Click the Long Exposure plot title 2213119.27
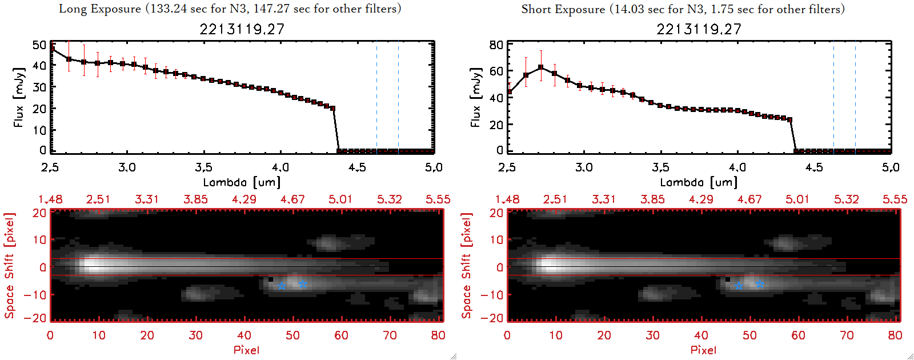[x=242, y=29]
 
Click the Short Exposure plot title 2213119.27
[x=699, y=29]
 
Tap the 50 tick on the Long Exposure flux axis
[x=39, y=45]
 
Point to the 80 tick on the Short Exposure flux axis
[x=496, y=45]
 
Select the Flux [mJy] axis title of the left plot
[x=19, y=97]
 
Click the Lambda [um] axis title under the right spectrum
[x=699, y=182]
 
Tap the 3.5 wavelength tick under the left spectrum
[x=203, y=167]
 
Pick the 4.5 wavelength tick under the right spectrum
[x=814, y=167]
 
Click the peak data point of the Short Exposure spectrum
[x=540, y=67]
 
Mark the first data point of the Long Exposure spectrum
[x=53, y=49]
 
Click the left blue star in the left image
[x=282, y=286]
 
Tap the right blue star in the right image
[x=759, y=284]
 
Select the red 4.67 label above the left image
[x=292, y=199]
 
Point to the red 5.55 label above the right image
[x=895, y=199]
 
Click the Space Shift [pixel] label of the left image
[x=9, y=266]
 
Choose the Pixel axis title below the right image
[x=703, y=350]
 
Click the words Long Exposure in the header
[x=100, y=9]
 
